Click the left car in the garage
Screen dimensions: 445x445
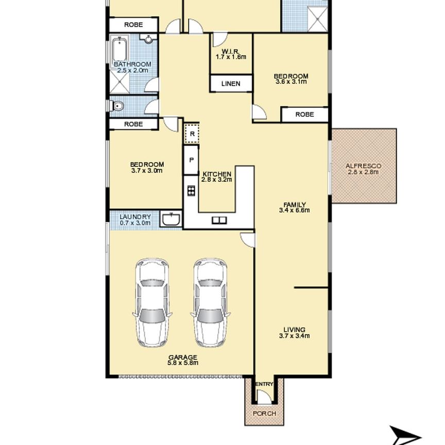click(152, 302)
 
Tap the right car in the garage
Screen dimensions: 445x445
click(210, 302)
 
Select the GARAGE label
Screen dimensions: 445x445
click(183, 357)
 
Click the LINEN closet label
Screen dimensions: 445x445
click(231, 84)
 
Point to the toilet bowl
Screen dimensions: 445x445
click(117, 106)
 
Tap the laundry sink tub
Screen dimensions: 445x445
click(171, 219)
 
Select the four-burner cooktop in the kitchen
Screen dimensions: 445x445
click(191, 191)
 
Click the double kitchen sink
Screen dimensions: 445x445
click(219, 220)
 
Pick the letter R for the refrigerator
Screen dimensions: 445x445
click(192, 134)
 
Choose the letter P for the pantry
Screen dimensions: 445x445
click(192, 160)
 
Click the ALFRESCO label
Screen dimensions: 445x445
click(363, 166)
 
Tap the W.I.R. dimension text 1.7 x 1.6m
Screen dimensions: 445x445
click(231, 57)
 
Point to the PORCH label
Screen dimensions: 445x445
click(265, 414)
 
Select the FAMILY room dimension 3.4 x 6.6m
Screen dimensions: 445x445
click(294, 210)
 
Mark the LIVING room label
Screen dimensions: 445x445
click(294, 330)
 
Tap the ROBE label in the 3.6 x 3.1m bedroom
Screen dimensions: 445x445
click(304, 114)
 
